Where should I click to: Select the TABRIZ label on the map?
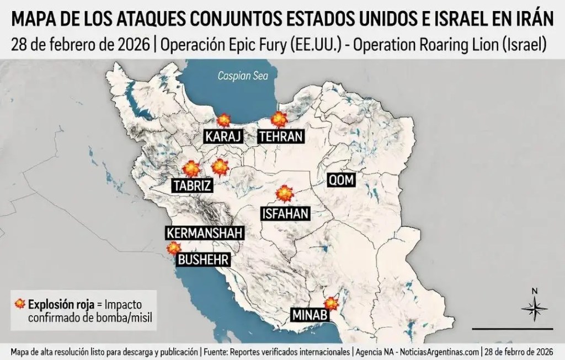[191, 185]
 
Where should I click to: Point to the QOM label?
[342, 180]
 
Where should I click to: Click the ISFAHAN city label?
[286, 213]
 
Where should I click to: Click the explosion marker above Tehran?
[279, 120]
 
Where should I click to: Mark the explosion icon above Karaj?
[224, 121]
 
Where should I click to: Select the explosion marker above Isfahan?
[285, 194]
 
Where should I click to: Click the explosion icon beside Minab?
[331, 303]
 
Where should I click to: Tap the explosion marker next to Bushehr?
[174, 249]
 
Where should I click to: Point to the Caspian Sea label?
[243, 77]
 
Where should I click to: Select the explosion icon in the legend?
[20, 303]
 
